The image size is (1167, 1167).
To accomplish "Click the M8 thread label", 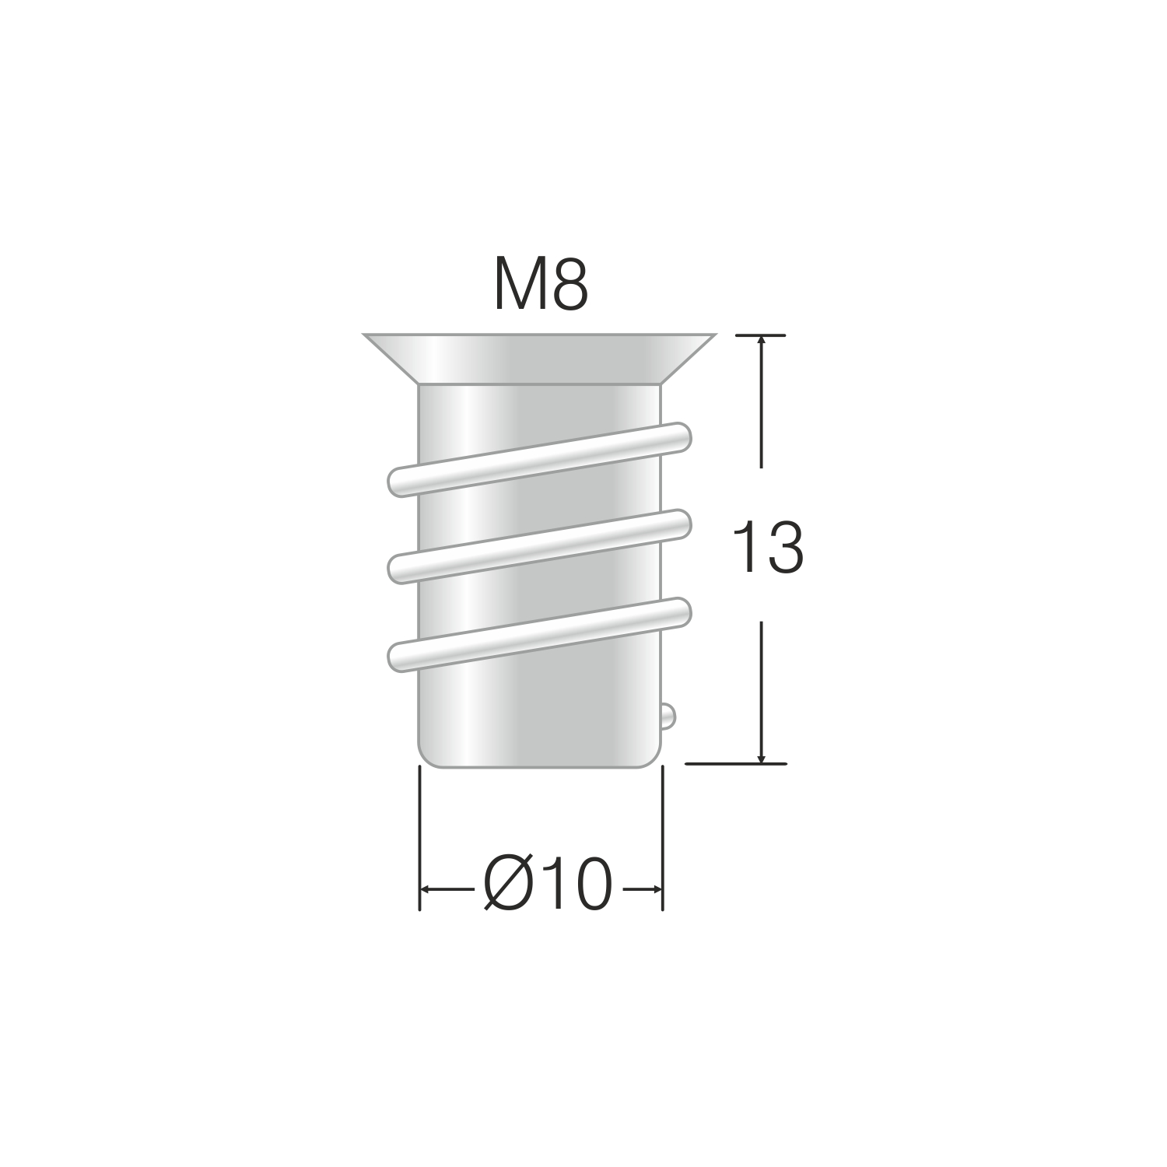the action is [x=541, y=286].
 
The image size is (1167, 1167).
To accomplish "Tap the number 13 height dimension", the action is [x=768, y=548].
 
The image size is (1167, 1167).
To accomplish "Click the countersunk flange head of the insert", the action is [x=539, y=359].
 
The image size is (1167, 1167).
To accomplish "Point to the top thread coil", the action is [x=539, y=459].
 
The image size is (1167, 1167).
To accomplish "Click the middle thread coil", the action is [x=539, y=546].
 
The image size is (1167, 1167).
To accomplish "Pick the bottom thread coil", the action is [x=539, y=634].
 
